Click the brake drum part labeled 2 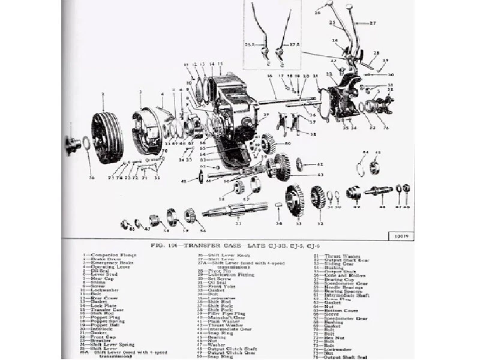pyautogui.click(x=107, y=137)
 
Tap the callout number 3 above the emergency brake pyautogui.click(x=140, y=91)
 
